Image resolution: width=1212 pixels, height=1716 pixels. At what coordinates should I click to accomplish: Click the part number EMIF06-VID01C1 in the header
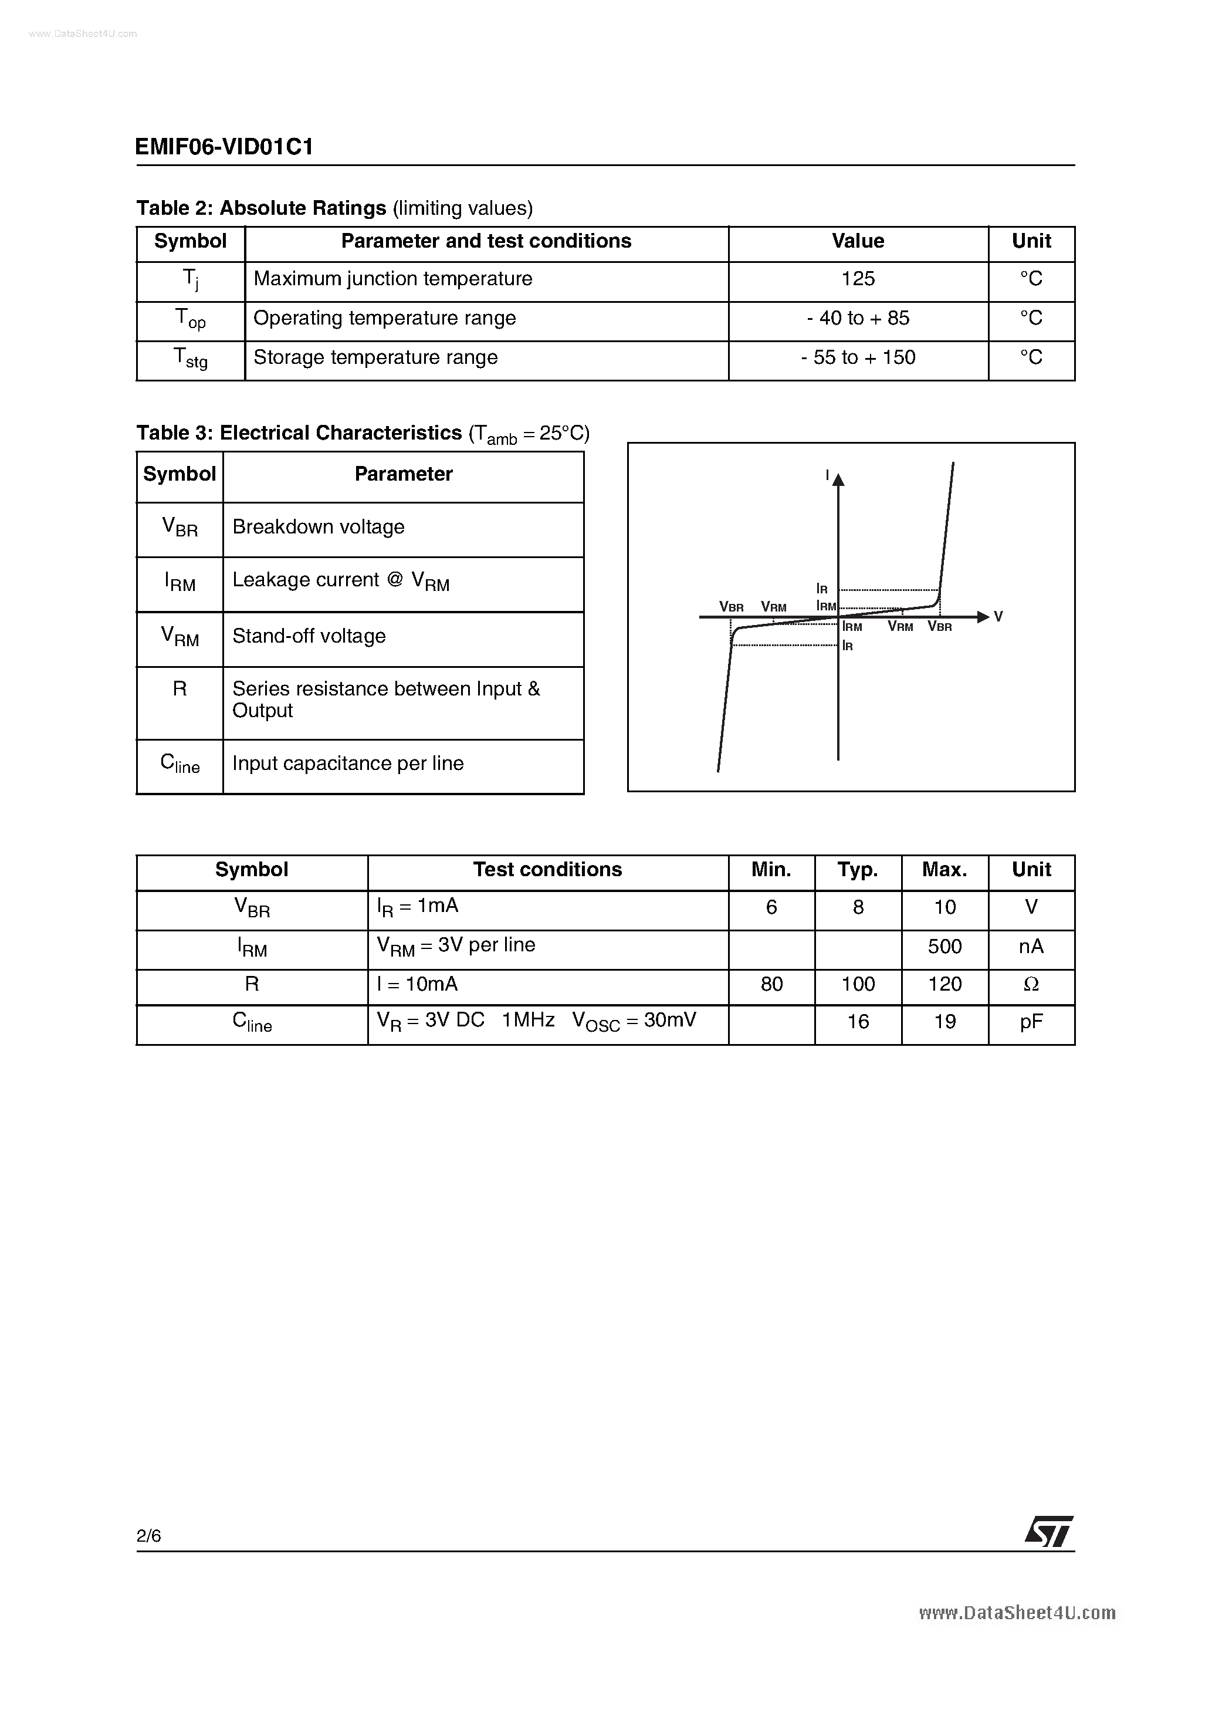224,147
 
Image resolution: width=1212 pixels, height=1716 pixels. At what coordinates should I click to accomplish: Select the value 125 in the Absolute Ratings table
858,279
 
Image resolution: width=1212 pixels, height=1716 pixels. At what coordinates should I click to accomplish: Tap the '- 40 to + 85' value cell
858,319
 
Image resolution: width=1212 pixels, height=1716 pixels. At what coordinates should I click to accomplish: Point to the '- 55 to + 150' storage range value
858,357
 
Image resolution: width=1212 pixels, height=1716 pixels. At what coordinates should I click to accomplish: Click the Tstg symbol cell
191,359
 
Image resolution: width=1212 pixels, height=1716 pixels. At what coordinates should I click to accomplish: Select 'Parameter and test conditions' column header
486,241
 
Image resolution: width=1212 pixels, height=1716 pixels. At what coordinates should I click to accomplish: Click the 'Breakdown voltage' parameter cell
319,527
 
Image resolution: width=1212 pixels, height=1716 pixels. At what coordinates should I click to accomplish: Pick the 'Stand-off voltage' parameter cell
309,636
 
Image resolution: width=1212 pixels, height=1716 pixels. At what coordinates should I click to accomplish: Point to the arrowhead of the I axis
838,479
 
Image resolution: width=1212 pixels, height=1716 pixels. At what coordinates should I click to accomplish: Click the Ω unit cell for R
1031,985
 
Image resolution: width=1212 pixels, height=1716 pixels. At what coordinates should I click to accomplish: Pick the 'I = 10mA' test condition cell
417,984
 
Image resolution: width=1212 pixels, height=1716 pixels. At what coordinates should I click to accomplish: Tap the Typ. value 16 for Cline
858,1022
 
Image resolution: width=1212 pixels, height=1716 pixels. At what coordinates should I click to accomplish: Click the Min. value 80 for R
771,984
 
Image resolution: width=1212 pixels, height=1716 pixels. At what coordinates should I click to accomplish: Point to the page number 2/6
148,1536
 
